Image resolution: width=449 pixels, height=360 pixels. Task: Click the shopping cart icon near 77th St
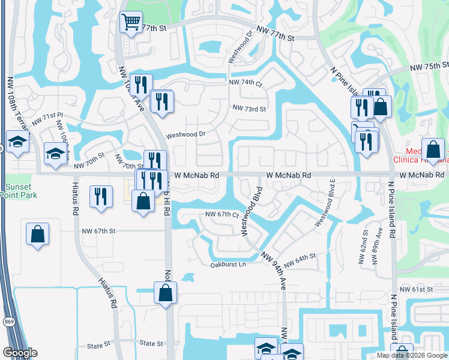tap(131, 23)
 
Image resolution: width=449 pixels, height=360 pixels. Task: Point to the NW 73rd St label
tap(249, 109)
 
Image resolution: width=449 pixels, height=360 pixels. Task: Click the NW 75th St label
tap(429, 67)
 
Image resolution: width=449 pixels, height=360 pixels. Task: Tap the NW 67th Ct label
tap(222, 214)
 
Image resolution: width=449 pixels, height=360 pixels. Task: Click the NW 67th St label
tap(98, 230)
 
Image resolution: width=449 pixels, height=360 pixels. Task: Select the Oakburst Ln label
tap(228, 265)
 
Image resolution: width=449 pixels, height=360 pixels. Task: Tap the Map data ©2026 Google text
tap(411, 355)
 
